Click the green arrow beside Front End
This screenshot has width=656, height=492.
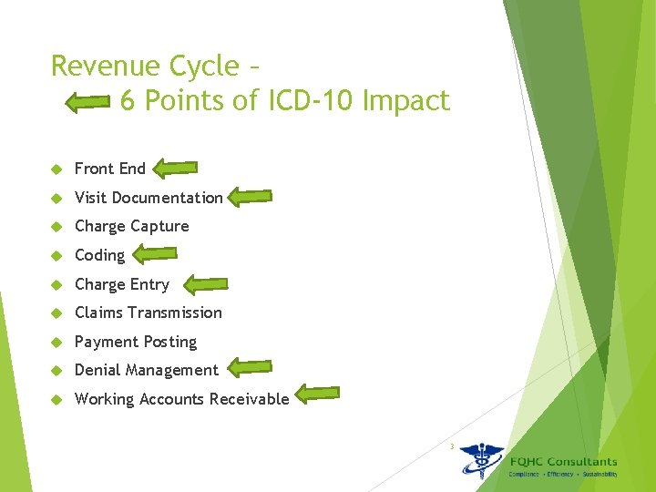point(175,168)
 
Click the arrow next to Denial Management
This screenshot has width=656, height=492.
point(250,368)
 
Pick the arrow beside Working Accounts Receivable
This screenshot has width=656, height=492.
point(319,395)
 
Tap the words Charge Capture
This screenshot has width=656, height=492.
point(131,226)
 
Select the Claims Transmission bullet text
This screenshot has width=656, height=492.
point(148,313)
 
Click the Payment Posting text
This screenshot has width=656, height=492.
point(135,342)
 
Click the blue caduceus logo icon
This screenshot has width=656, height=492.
point(481,460)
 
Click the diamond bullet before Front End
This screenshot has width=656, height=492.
point(56,169)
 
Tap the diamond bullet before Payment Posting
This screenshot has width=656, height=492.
point(56,343)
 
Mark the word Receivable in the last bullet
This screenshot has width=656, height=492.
point(249,399)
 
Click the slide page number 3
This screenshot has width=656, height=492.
point(450,446)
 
